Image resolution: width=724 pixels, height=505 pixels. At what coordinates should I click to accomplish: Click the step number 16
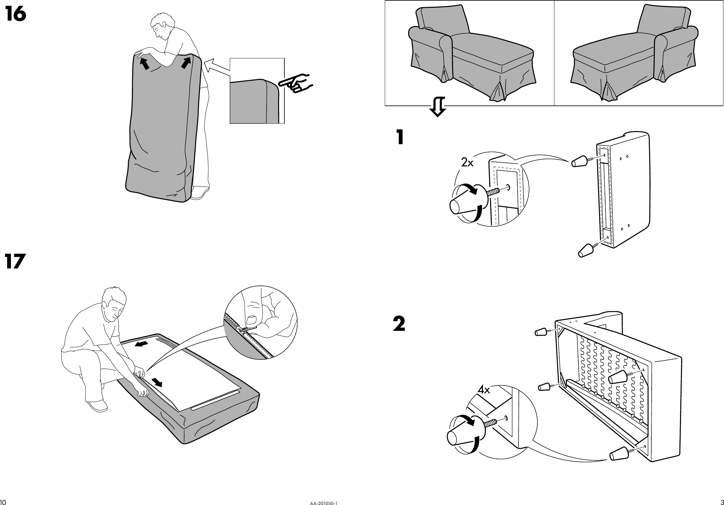pyautogui.click(x=16, y=15)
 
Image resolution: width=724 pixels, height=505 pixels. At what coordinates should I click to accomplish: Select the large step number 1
pyautogui.click(x=400, y=138)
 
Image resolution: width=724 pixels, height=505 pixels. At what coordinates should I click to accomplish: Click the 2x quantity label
pyautogui.click(x=467, y=163)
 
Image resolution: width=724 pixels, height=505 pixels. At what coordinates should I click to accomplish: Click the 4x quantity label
pyautogui.click(x=484, y=390)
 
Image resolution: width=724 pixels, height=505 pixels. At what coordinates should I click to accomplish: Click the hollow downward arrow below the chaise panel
pyautogui.click(x=437, y=107)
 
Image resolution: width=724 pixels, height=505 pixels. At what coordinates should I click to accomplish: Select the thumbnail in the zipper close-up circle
pyautogui.click(x=252, y=320)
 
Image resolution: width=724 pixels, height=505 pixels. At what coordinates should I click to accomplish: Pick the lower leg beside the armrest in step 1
pyautogui.click(x=586, y=251)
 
